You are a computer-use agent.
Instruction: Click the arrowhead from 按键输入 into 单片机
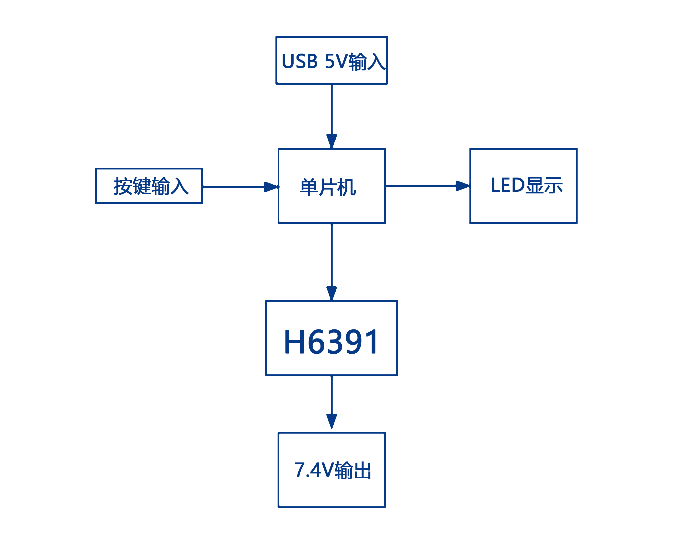271,187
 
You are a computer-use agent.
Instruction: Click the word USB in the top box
300,61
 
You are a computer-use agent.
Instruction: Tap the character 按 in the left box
123,186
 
